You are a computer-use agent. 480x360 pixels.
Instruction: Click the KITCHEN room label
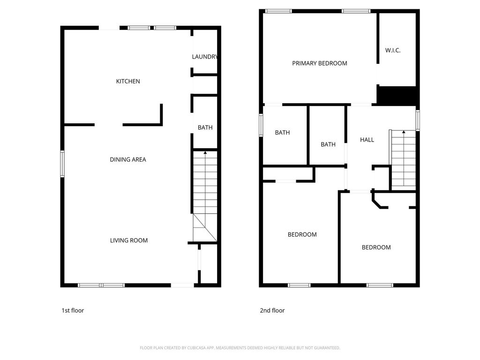(x=128, y=82)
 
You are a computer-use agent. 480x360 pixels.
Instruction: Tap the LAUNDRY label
(x=205, y=57)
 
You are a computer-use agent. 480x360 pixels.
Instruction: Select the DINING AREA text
(x=128, y=159)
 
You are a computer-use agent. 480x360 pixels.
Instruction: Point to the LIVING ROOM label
(x=129, y=240)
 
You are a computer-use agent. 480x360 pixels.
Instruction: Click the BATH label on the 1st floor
(x=205, y=127)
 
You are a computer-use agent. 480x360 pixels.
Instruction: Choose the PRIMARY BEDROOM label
(x=320, y=63)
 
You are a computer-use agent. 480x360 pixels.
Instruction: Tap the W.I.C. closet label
(x=393, y=51)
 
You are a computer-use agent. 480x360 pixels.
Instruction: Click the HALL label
(x=367, y=140)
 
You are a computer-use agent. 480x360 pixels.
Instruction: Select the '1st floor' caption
(x=73, y=310)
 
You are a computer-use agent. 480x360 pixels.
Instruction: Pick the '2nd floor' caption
(x=272, y=310)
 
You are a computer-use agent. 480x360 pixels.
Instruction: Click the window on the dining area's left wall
(x=62, y=164)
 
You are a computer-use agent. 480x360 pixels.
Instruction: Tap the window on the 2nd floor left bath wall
(x=261, y=125)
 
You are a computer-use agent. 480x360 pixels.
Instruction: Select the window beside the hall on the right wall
(x=418, y=120)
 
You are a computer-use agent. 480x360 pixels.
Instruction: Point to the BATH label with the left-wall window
(x=282, y=133)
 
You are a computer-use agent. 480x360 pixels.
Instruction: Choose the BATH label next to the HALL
(x=328, y=144)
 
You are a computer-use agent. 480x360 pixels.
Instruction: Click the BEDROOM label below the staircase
(x=376, y=247)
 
